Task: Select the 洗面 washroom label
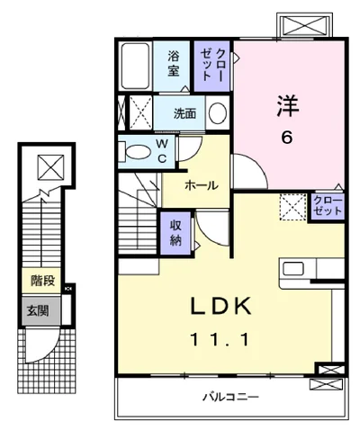(184, 114)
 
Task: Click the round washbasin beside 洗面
(217, 113)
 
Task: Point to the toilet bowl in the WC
(134, 152)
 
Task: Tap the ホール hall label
(200, 184)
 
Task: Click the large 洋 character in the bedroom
(286, 104)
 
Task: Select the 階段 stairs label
(40, 282)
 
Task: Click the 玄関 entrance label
(39, 311)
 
